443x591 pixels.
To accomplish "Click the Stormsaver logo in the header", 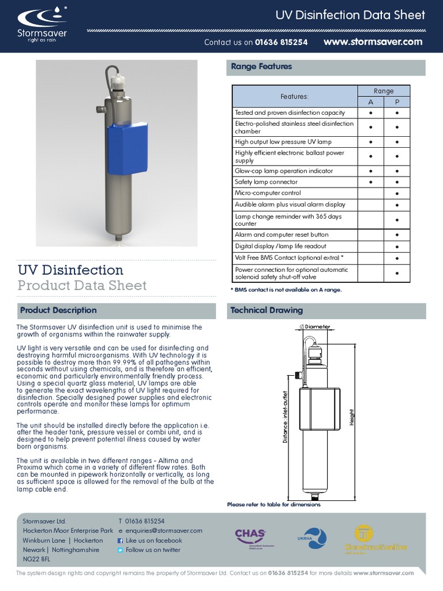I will (x=41, y=26).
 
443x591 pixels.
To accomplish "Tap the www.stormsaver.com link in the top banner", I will (x=373, y=42).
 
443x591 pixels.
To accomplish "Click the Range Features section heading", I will (x=261, y=67).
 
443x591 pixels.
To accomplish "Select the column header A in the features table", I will (x=371, y=102).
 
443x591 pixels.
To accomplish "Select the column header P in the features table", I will (x=397, y=102).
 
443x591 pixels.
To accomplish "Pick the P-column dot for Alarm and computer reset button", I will (x=397, y=235).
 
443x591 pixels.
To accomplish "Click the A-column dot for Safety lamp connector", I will (x=371, y=182).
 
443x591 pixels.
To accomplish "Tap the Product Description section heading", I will (x=58, y=311).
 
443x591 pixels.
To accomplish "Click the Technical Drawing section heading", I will (x=266, y=311).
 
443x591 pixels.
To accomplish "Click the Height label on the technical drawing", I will (x=351, y=417).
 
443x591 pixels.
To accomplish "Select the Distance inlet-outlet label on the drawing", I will (x=285, y=417).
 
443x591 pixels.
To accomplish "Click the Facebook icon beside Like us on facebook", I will (x=121, y=541).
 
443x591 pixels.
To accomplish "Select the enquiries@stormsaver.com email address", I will (x=164, y=531).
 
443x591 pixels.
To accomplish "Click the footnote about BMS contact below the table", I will (x=286, y=290).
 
